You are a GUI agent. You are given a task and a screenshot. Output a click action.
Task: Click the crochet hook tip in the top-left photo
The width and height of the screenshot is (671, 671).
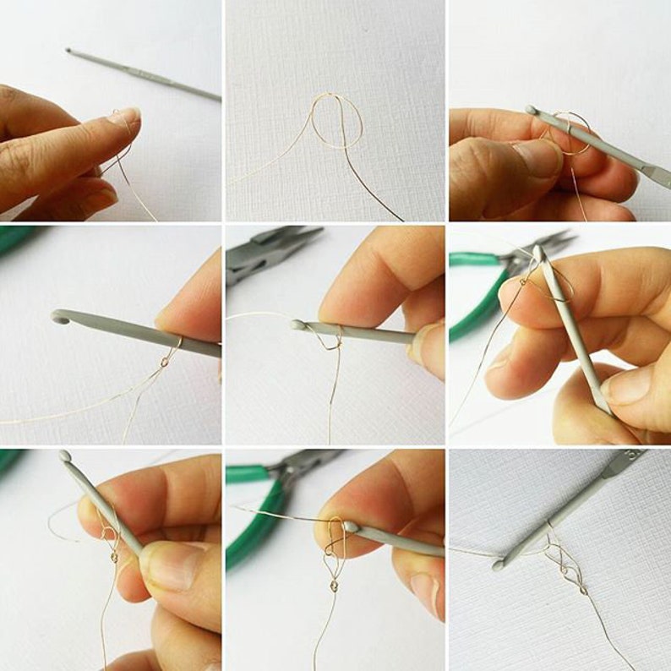pyautogui.click(x=69, y=51)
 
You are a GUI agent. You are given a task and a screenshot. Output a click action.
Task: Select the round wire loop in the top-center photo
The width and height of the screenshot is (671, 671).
pyautogui.click(x=336, y=121)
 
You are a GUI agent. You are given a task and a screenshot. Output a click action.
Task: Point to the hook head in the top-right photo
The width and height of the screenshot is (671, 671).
pyautogui.click(x=531, y=111)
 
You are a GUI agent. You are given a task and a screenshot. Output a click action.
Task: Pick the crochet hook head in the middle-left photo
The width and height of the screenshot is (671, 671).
pyautogui.click(x=60, y=318)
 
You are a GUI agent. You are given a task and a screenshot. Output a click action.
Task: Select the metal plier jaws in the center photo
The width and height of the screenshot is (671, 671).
pyautogui.click(x=270, y=251)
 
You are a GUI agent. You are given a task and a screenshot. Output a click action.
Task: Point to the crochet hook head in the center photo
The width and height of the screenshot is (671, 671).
pyautogui.click(x=298, y=324)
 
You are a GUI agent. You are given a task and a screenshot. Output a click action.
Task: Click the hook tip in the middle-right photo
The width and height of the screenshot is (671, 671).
pyautogui.click(x=538, y=251)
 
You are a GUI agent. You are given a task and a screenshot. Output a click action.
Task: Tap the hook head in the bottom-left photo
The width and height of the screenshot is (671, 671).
pyautogui.click(x=65, y=456)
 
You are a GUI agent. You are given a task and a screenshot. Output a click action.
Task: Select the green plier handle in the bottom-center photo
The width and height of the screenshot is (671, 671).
pyautogui.click(x=249, y=516)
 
